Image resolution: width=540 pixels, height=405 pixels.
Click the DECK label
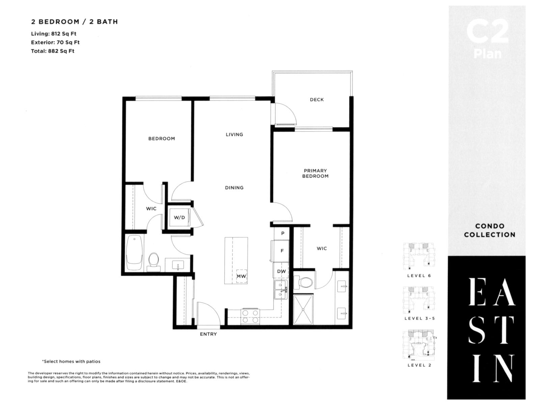point(317,100)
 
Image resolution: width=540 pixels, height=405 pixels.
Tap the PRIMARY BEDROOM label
point(315,173)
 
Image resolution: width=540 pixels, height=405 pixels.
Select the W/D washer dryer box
point(179,217)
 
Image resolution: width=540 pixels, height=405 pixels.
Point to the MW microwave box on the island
point(241,276)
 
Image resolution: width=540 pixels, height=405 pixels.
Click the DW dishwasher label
point(281,271)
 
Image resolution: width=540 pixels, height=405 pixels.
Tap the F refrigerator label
point(282,251)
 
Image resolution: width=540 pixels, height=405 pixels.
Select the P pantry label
point(282,233)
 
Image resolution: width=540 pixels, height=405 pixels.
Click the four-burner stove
point(250,317)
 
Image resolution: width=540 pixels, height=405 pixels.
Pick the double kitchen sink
point(281,290)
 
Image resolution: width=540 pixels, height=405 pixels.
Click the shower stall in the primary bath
point(303,309)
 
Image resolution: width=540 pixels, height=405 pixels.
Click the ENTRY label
point(208,334)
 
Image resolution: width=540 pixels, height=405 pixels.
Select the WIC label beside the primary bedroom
point(322,248)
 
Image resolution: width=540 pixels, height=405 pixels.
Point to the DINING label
point(234,188)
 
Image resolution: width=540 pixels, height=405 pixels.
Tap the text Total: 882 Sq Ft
point(53,51)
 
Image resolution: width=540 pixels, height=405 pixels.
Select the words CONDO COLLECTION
point(489,231)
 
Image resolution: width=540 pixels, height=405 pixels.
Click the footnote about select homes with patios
point(71,361)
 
